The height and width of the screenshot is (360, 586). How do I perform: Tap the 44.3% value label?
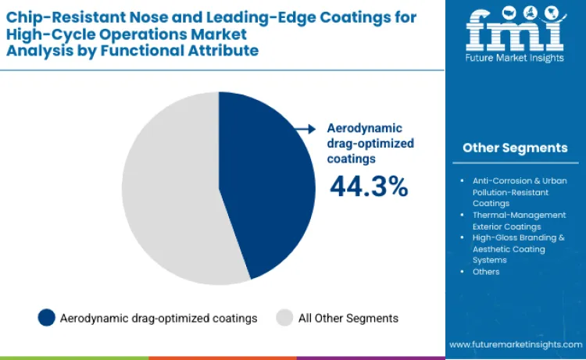click(368, 186)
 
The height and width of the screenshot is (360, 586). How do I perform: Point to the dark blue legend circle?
click(46, 318)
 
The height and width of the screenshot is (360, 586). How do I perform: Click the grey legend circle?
click(284, 318)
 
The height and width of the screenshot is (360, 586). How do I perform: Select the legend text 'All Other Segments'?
click(348, 318)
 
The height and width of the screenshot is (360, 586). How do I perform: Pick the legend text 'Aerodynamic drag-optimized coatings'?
click(159, 318)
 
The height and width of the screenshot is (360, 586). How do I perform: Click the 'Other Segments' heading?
click(515, 148)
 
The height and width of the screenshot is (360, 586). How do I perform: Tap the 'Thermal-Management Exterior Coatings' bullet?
click(519, 220)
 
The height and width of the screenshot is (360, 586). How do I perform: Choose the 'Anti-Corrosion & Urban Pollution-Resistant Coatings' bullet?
click(519, 191)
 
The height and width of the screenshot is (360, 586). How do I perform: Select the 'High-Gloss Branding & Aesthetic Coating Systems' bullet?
click(519, 248)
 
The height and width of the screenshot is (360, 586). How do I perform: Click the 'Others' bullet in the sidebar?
click(486, 271)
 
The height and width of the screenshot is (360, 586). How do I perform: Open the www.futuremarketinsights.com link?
click(515, 344)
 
